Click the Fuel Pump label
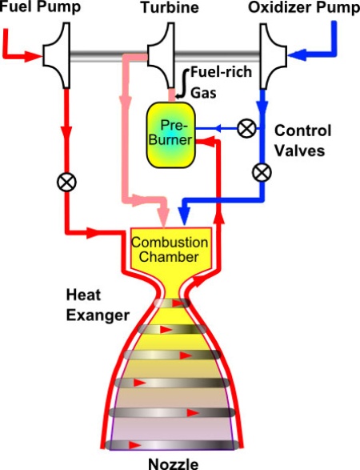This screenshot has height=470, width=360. click(41, 6)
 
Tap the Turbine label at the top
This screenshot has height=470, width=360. click(170, 7)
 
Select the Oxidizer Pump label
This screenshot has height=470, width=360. click(304, 7)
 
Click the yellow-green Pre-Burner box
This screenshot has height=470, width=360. click(170, 135)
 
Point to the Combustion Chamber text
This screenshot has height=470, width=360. click(170, 249)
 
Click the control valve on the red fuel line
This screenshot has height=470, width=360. click(66, 183)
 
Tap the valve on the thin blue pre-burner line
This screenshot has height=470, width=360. click(246, 129)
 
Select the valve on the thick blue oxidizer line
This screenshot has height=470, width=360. click(262, 172)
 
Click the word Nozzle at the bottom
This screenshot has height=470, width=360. click(174, 464)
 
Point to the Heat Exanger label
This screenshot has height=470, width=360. click(98, 305)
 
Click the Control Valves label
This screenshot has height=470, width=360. click(302, 141)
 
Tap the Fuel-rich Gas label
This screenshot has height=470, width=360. click(222, 82)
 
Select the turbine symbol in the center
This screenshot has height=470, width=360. click(161, 56)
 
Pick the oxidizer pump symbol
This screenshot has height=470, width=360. click(273, 56)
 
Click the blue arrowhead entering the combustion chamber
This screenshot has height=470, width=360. click(184, 215)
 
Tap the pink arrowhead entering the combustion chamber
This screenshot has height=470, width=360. click(164, 217)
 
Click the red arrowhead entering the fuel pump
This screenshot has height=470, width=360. click(33, 56)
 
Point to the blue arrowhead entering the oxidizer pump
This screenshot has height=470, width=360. click(297, 55)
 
